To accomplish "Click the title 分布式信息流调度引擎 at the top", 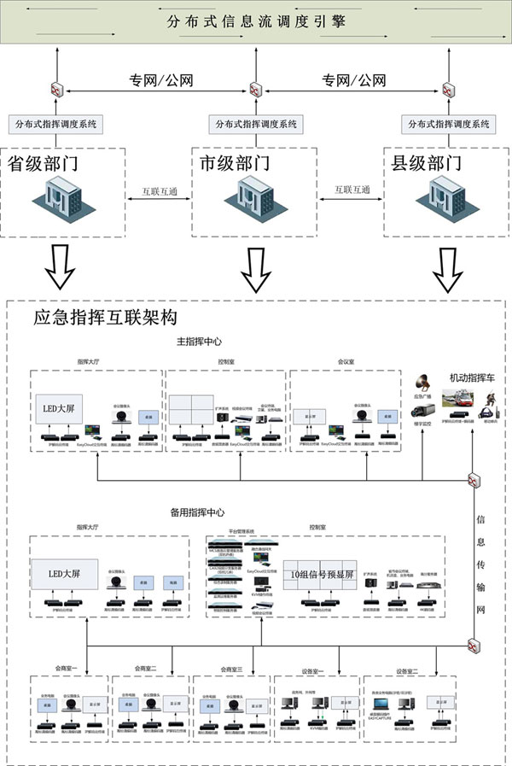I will point(255,20).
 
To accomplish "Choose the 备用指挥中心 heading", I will point(197,512).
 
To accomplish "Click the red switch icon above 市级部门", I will point(254,88).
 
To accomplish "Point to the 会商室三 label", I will point(233,669).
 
